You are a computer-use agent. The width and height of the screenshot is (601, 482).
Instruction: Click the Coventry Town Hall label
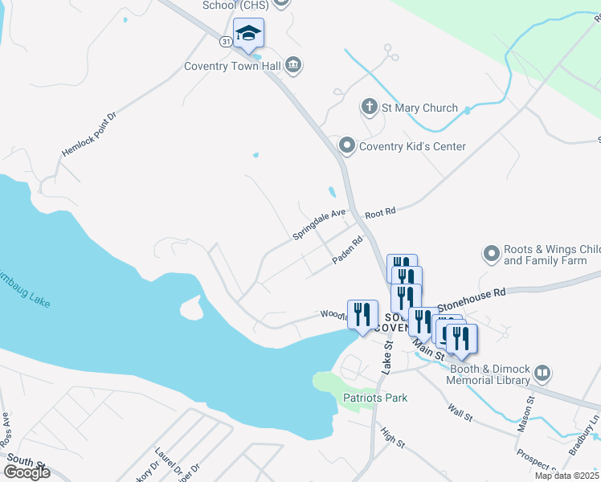232,66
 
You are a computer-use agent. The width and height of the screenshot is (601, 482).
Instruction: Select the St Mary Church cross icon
369,108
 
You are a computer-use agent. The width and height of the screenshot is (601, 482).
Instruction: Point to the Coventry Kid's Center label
412,146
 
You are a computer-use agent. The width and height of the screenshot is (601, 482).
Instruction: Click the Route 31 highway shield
226,40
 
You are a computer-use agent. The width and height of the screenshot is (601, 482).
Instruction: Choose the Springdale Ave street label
319,224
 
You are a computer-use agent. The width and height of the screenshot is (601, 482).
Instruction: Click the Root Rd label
381,213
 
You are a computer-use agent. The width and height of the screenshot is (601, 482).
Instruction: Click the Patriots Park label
375,398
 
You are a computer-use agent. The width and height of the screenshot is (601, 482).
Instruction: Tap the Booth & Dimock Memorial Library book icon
543,374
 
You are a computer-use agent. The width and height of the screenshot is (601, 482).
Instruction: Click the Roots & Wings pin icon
492,255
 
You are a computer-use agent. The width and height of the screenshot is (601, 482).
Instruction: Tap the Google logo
27,472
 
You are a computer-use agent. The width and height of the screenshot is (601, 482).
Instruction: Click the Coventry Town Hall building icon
292,65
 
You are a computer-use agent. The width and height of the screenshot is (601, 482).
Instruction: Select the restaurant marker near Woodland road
362,314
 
